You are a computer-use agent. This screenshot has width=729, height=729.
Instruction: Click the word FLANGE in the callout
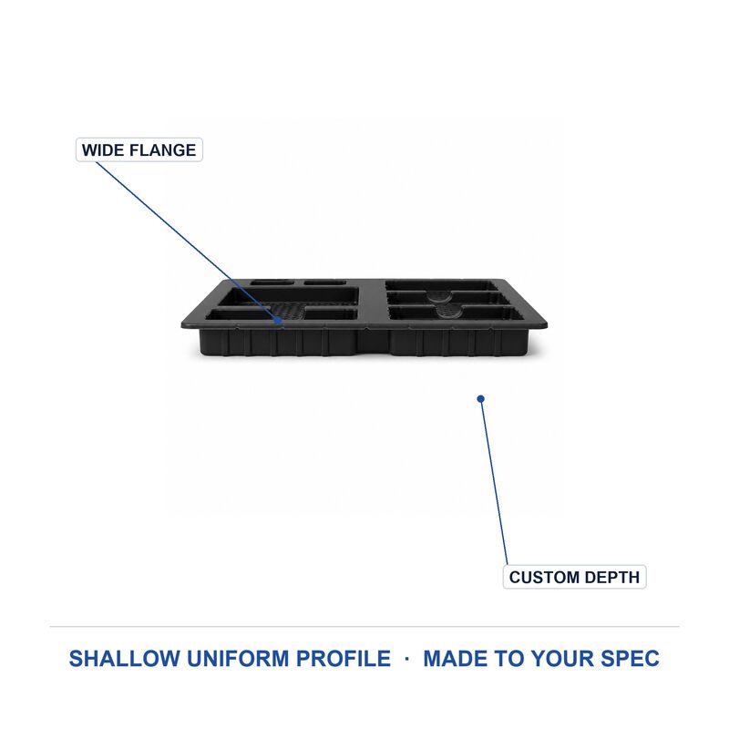163,150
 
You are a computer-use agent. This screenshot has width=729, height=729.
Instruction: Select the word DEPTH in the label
611,578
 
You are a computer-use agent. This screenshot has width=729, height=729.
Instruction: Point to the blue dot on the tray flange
278,320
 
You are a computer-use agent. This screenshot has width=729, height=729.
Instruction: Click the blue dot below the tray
481,399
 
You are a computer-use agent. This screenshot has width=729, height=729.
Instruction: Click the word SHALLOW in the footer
125,659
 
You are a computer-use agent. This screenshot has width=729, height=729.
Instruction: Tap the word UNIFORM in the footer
239,659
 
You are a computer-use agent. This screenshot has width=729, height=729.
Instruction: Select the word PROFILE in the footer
344,659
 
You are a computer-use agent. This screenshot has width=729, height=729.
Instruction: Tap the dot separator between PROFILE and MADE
407,659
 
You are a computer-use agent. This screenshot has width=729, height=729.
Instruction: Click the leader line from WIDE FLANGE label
187,241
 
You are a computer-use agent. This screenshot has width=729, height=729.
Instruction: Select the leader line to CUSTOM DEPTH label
494,482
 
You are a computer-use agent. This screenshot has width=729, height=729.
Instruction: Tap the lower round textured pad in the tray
449,311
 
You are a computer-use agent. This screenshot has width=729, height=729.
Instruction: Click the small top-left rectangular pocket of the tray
272,282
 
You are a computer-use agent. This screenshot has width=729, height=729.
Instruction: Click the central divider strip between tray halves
372,303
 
